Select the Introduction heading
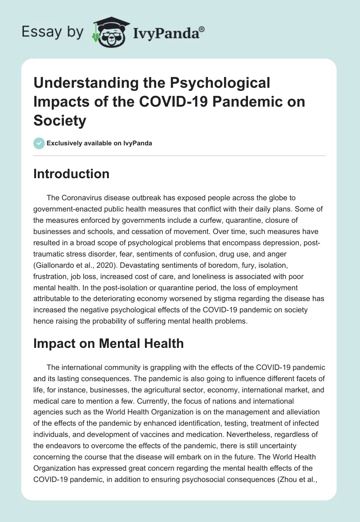71,174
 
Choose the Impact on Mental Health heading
108,343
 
